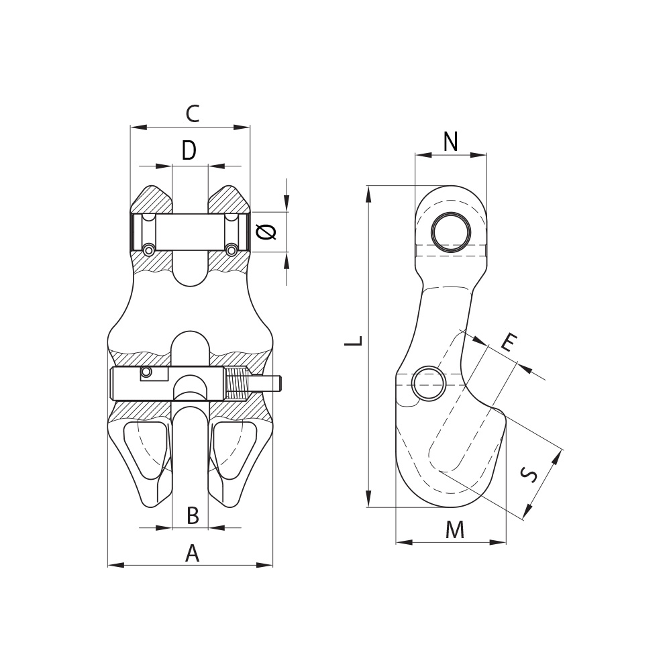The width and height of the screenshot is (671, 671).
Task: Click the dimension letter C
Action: [193, 114]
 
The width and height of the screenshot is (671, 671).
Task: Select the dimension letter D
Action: [189, 150]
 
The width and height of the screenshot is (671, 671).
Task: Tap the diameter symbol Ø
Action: [266, 231]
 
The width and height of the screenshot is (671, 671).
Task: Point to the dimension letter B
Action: [193, 515]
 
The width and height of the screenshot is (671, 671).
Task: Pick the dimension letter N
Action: [451, 142]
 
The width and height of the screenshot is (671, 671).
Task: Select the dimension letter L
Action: [354, 340]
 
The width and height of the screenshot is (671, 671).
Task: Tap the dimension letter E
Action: [509, 342]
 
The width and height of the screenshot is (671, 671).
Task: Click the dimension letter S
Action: [529, 474]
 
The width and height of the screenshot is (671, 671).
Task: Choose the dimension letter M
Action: [454, 530]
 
